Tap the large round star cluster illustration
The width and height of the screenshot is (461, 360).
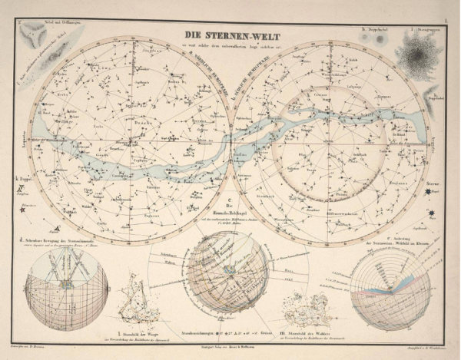[x=419, y=55]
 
